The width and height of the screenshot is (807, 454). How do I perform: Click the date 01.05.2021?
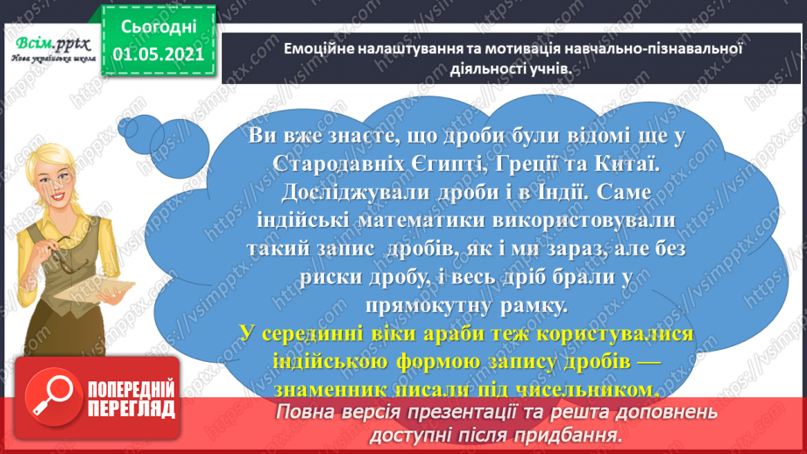159,54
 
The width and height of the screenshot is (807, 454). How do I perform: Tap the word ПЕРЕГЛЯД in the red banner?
130,408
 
